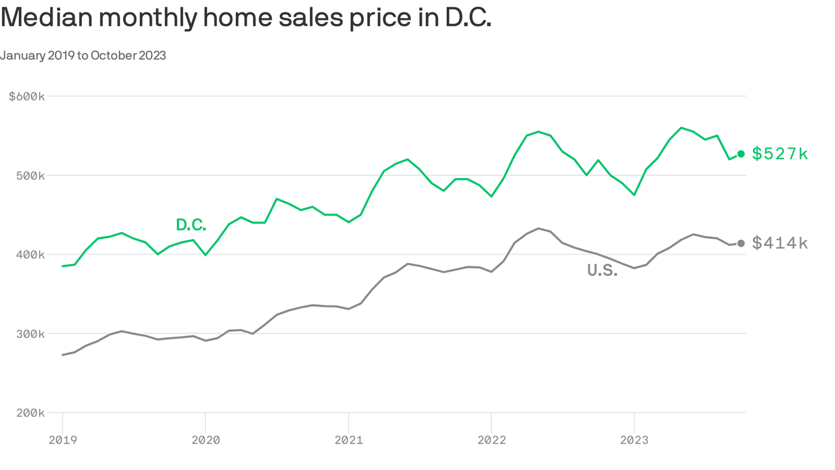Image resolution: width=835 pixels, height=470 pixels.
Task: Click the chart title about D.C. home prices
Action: (x=246, y=18)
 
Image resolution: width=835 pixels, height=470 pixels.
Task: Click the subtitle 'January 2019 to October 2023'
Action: (x=83, y=56)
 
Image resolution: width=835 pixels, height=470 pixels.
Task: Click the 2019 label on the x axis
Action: (x=62, y=440)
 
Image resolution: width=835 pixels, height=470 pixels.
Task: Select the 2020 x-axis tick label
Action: (x=205, y=440)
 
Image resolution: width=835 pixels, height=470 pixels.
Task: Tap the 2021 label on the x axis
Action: (x=348, y=440)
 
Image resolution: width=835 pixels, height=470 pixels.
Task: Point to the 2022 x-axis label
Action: (x=491, y=440)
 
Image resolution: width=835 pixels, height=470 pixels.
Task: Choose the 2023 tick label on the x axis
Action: (x=635, y=440)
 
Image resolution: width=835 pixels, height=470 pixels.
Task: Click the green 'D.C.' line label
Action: (x=191, y=225)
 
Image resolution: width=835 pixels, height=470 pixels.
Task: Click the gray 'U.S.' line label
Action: (x=602, y=270)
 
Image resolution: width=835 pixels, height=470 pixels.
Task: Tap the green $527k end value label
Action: (x=780, y=154)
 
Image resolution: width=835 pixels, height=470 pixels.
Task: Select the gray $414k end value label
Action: (x=780, y=244)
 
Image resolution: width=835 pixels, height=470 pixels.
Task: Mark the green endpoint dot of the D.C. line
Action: (x=741, y=154)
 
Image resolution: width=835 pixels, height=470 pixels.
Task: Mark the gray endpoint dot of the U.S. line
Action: (x=741, y=244)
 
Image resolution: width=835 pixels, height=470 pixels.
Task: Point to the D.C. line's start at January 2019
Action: (x=62, y=266)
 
